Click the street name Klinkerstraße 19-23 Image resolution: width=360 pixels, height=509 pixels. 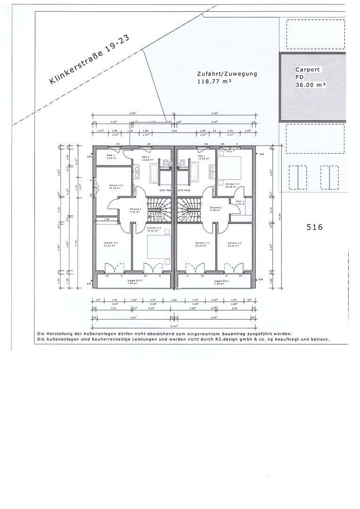(89, 62)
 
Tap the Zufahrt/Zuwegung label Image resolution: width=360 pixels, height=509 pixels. (227, 74)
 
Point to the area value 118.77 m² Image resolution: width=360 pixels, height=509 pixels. (214, 82)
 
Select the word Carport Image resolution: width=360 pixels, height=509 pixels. (307, 70)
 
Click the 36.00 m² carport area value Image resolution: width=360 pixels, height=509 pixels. (311, 85)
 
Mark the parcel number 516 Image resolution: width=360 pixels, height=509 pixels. (314, 227)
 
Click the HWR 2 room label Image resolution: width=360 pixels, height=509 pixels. (111, 156)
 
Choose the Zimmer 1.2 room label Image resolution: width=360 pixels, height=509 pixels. (234, 244)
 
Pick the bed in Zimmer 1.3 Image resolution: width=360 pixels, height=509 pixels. (229, 168)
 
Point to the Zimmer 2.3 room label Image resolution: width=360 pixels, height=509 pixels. (116, 186)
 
